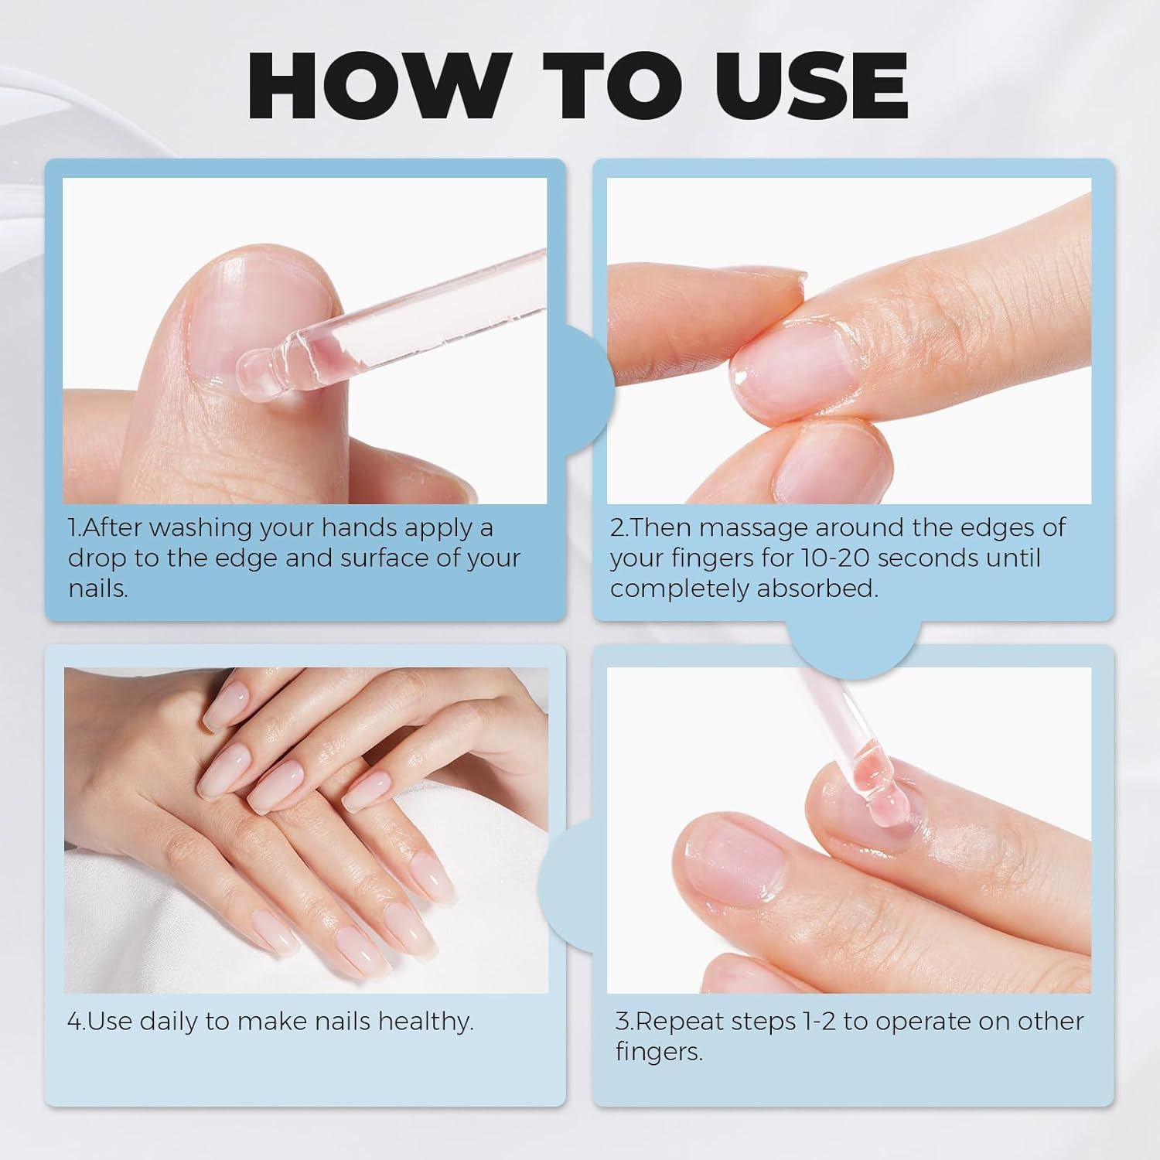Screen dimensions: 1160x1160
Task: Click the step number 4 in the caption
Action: pos(73,1022)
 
